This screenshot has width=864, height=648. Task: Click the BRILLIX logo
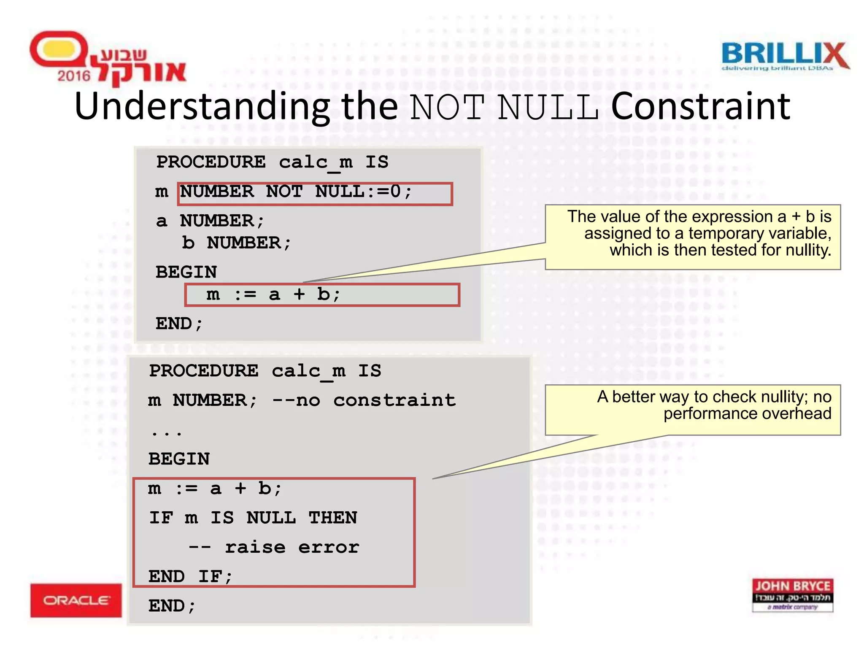pos(785,56)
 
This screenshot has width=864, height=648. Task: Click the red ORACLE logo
pos(76,600)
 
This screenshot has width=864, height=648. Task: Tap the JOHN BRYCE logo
pos(792,595)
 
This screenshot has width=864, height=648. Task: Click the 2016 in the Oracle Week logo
pos(74,76)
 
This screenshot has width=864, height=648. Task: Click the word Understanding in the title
pos(202,107)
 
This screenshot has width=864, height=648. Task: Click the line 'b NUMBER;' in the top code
pos(236,243)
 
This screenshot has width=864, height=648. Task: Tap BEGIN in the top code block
pos(186,272)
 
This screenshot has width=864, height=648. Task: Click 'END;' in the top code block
pos(179,324)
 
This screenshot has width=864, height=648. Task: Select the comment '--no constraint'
pos(364,400)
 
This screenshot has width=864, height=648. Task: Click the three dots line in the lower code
pos(166,432)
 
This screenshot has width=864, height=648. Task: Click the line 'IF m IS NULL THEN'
pos(253,518)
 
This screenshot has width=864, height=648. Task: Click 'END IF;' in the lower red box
pos(190,576)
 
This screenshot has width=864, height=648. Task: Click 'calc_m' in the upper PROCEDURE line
pos(316,162)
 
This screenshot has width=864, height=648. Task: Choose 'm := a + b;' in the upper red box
pos(273,294)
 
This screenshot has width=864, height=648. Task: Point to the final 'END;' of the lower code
pos(172,606)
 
